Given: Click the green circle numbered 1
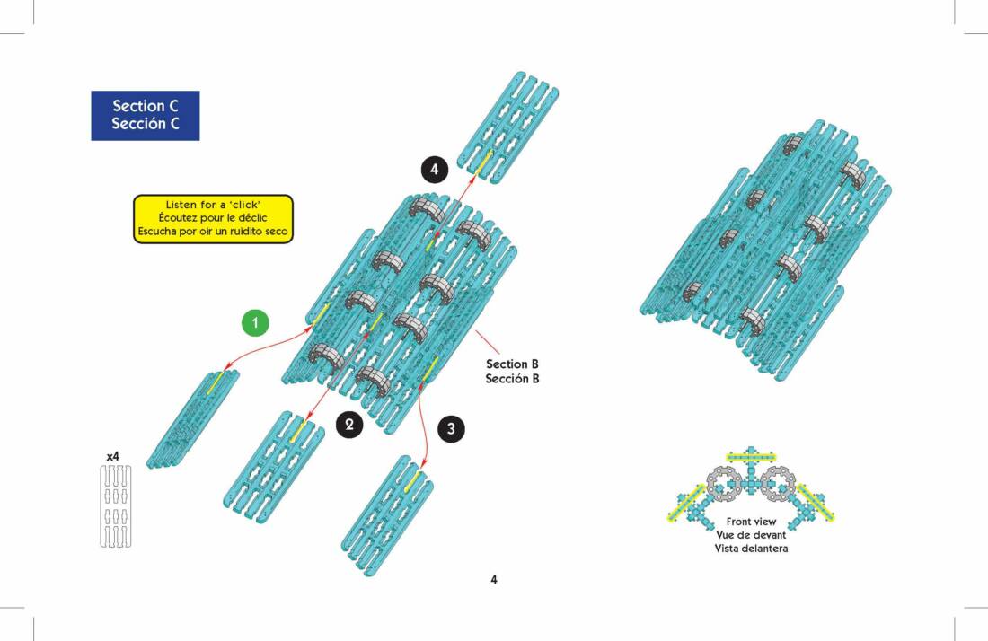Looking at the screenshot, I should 256,321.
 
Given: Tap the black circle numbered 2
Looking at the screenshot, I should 349,425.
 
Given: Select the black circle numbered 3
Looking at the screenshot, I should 452,429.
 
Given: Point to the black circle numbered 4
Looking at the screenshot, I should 435,169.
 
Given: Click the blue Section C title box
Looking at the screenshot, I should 146,115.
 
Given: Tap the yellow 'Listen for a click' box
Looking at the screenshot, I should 214,218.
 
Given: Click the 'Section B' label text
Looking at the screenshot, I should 512,364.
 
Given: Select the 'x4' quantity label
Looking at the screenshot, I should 113,457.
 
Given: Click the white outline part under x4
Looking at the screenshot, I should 114,507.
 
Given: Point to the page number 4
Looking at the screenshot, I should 494,579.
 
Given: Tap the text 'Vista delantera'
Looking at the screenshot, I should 751,548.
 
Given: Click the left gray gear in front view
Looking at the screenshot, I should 725,484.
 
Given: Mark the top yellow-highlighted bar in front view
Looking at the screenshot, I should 751,456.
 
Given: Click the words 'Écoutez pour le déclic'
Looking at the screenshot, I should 214,218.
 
